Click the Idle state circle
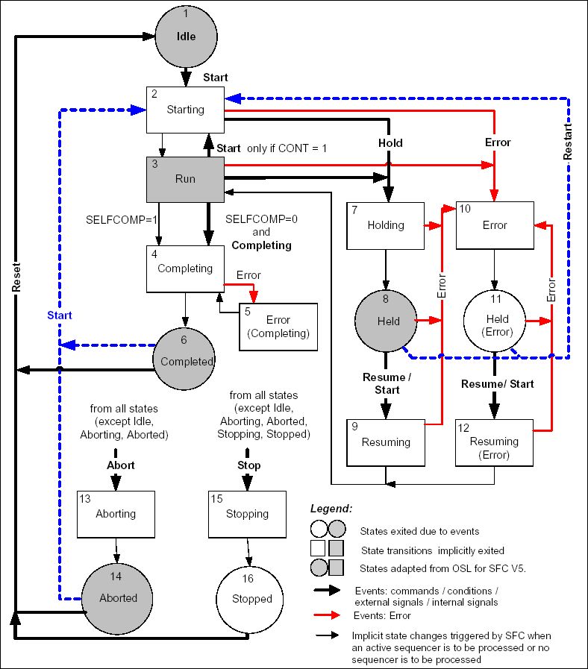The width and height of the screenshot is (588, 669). point(186,36)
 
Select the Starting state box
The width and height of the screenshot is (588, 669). point(185,110)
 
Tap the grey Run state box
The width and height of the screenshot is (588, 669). point(185,179)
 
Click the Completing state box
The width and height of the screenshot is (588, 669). point(185,268)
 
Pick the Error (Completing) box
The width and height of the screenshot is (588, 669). point(278,326)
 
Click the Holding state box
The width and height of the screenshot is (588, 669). point(385,224)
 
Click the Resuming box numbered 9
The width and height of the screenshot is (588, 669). point(386,442)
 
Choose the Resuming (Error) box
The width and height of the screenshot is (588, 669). point(494,442)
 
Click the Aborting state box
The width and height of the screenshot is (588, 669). point(116,514)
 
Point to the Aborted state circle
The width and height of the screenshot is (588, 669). point(118,597)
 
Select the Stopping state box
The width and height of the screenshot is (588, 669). point(247,514)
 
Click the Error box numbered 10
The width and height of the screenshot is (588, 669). point(494,224)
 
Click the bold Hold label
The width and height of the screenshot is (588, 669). point(390,143)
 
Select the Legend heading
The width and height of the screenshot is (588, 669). point(331,508)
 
